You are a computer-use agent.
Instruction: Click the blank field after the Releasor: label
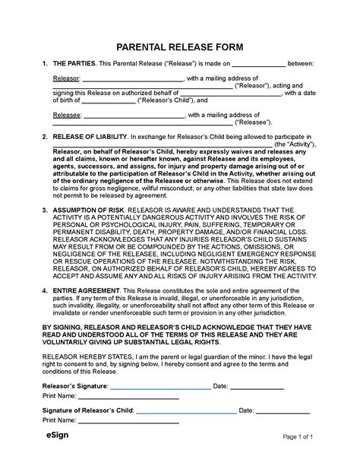click(x=132, y=78)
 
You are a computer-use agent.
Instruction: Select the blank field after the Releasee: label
click(x=134, y=115)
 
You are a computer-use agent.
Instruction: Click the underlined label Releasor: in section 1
click(x=65, y=78)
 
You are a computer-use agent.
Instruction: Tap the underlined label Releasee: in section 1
click(x=65, y=115)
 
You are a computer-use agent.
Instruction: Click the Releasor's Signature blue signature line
click(x=160, y=386)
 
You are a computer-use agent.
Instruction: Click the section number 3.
click(x=43, y=207)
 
